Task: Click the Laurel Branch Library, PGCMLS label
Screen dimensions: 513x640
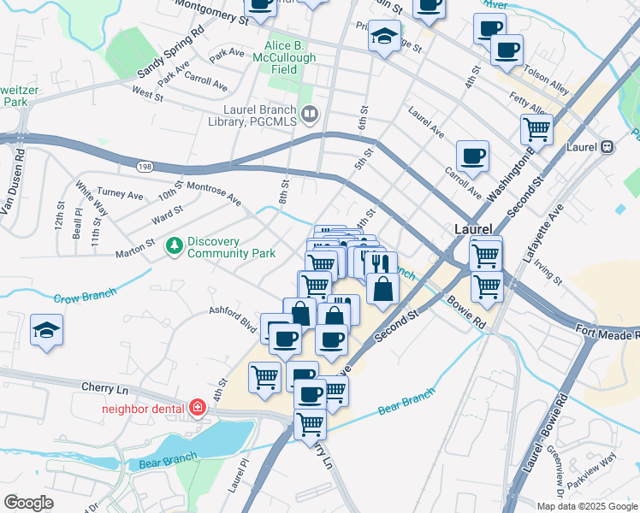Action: (258, 116)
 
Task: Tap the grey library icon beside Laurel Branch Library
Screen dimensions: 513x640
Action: (310, 112)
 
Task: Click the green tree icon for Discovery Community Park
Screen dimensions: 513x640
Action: (175, 246)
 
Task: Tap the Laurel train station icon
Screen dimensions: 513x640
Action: (607, 146)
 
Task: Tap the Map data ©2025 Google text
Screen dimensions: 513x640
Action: (585, 505)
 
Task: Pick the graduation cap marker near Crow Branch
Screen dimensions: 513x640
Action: (46, 330)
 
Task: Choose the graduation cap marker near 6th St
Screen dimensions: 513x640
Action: (384, 37)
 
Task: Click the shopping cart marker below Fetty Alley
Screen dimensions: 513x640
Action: (536, 130)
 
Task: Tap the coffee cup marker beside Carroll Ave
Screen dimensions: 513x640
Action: (472, 156)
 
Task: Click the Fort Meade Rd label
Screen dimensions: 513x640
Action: (607, 332)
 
